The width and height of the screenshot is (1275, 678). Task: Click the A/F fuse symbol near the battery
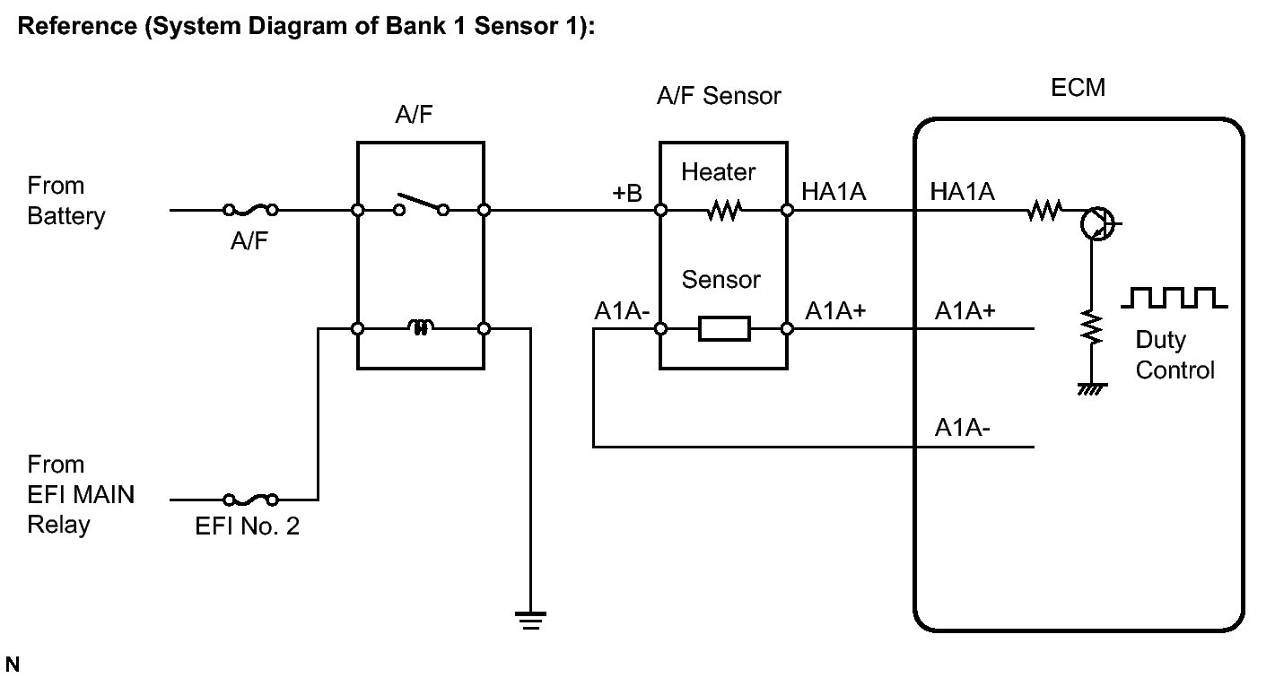tap(250, 211)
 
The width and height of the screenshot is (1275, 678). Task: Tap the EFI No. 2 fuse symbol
tap(250, 500)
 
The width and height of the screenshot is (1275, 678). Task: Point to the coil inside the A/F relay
tap(420, 329)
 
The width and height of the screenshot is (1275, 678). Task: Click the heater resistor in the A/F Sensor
tap(723, 211)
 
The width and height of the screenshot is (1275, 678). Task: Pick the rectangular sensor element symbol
tap(723, 329)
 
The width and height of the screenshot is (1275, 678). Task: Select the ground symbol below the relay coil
tap(530, 620)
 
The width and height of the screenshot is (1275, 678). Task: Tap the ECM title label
tap(1077, 88)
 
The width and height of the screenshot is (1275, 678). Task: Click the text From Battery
tap(65, 201)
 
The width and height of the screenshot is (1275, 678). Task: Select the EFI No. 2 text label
tap(248, 526)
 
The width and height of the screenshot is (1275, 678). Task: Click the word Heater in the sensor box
tap(718, 171)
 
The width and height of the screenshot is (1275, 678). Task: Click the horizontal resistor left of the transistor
tap(1044, 211)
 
